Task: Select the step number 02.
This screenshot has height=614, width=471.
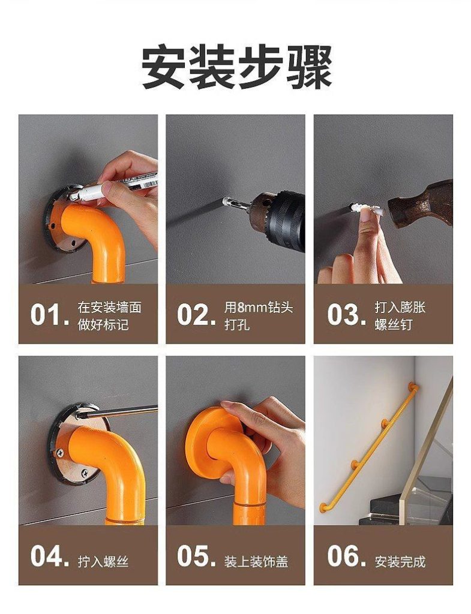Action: coord(196,314)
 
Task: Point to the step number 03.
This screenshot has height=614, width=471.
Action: coord(347,314)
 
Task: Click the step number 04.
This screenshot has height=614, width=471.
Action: coord(50,556)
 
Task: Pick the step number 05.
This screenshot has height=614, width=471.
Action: coord(196,556)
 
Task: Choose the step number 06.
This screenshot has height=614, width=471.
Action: coord(347,556)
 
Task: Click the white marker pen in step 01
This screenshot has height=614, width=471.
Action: coord(113,188)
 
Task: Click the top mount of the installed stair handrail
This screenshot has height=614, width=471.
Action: coord(413,387)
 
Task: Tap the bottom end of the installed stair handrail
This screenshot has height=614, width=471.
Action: coord(323,507)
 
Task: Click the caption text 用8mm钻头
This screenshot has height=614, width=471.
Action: coord(259,308)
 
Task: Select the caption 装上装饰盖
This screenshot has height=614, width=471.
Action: coord(256,562)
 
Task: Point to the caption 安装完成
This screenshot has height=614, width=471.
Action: coord(400,562)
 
